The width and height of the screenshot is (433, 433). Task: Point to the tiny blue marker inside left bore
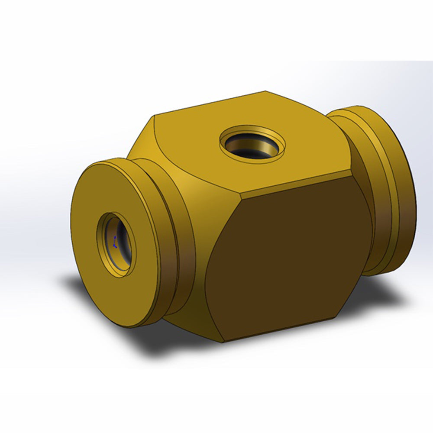[x=115, y=242]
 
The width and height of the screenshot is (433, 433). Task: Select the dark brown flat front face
[x=286, y=260]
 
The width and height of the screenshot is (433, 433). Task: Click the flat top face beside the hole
[x=299, y=160]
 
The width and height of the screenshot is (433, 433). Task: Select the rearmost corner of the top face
[x=265, y=92]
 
